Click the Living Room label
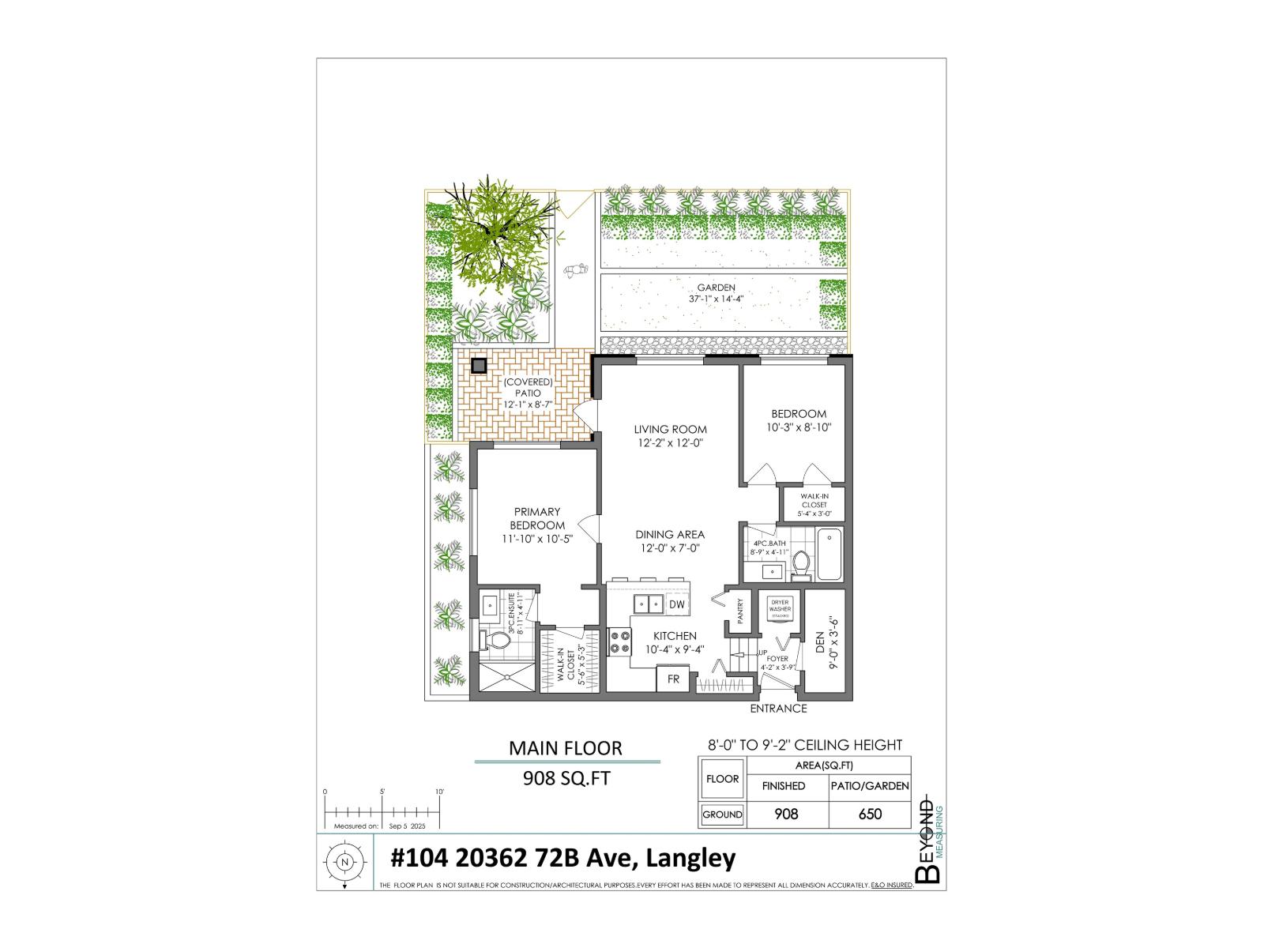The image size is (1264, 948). tap(670, 430)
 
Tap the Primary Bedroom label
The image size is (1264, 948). tap(537, 518)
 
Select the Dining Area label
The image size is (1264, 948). tap(670, 535)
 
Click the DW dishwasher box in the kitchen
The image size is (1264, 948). tap(676, 604)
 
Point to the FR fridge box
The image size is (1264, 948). tap(674, 679)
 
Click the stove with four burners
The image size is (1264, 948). tap(619, 641)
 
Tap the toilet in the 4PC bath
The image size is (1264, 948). tap(801, 563)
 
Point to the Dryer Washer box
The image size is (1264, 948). tap(780, 609)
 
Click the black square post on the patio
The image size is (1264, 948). tap(478, 366)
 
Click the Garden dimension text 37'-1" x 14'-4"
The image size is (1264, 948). tap(716, 299)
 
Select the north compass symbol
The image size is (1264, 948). tap(344, 863)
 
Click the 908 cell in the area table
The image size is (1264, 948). tap(786, 814)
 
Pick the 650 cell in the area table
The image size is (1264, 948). tap(870, 814)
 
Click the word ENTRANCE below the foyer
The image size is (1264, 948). tap(778, 709)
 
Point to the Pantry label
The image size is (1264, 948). tap(741, 613)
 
